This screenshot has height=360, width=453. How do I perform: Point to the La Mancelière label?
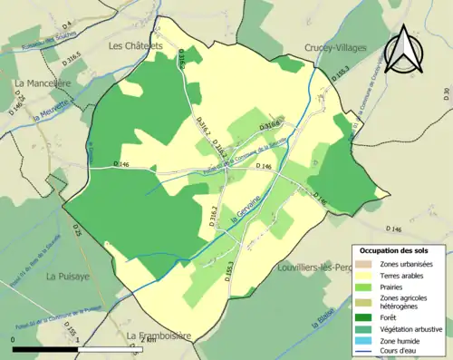point(42,83)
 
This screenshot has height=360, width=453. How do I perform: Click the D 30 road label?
point(446,92)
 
